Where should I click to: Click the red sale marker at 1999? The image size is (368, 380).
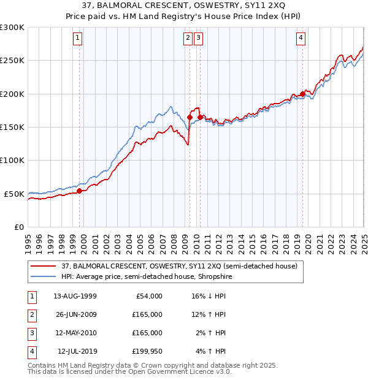[80, 191]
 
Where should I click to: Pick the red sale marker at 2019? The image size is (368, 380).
[302, 94]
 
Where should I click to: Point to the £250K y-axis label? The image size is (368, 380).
[12, 61]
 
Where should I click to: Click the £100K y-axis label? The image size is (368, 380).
[12, 160]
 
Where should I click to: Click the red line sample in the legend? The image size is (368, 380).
[43, 266]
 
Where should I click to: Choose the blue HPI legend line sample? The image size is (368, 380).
[43, 276]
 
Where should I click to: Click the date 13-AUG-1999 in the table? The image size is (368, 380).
[75, 296]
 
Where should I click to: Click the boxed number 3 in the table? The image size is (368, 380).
[31, 333]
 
